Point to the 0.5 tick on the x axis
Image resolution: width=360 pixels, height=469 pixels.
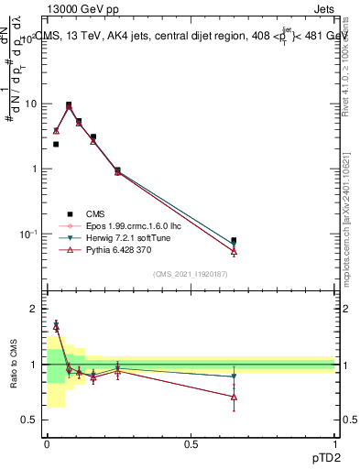(x=191, y=444)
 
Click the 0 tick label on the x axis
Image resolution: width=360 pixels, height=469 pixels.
(x=47, y=444)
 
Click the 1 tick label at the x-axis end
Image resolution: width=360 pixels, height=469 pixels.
(x=334, y=444)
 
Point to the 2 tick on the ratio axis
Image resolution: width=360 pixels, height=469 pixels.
(x=33, y=310)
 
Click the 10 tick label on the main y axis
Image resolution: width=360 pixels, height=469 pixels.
(x=29, y=104)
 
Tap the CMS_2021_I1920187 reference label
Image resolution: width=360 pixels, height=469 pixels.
(x=191, y=274)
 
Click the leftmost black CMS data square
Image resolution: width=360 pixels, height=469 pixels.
(x=56, y=144)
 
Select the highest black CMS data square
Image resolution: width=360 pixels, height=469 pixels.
(x=69, y=104)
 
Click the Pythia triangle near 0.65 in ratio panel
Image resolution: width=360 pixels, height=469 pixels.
(x=234, y=397)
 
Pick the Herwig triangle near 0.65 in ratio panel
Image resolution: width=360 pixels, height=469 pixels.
(x=234, y=376)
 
